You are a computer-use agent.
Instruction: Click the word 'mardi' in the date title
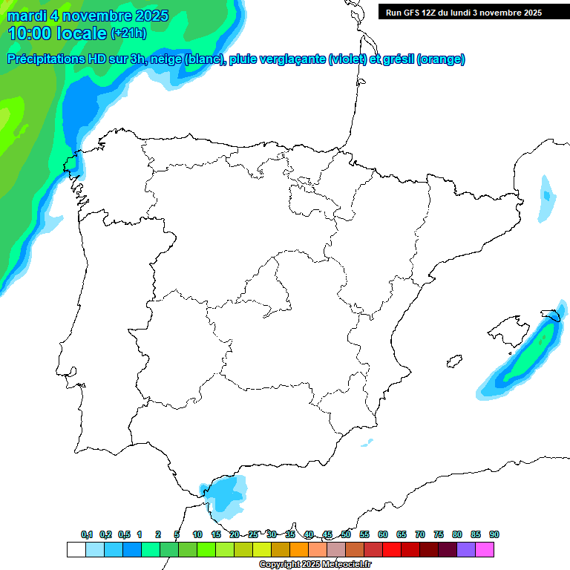pos(24,16)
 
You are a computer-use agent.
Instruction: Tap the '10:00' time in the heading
pos(29,33)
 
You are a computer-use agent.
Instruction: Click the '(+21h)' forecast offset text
pos(128,33)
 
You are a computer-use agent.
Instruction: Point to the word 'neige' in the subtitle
pos(165,59)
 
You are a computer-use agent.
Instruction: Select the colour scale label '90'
pos(494,534)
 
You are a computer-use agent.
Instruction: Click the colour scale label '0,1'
pos(87,534)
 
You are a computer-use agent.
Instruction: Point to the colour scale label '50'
pos(346,534)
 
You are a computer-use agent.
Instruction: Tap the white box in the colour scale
pos(76,549)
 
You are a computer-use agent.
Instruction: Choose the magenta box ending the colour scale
pos(485,549)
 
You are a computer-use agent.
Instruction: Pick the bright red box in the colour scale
pos(392,549)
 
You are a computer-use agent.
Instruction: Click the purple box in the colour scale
pos(466,549)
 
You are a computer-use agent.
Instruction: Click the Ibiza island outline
pos(453,361)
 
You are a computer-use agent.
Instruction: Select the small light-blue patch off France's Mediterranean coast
pos(546,199)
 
